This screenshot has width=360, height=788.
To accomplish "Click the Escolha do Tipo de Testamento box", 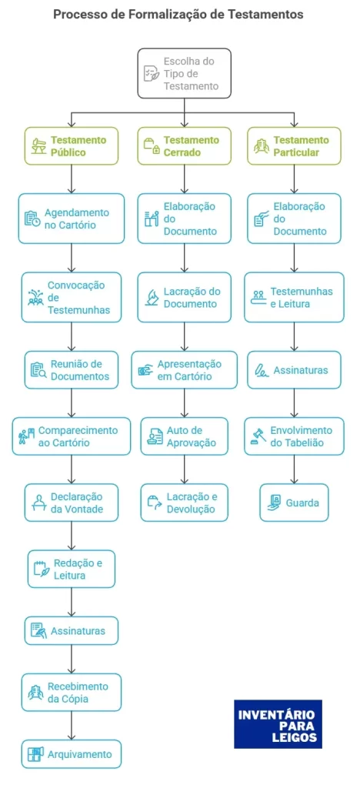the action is pyautogui.click(x=185, y=73).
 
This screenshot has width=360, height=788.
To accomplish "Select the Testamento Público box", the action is pyautogui.click(x=72, y=145).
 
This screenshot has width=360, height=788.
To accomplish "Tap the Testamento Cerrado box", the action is pyautogui.click(x=185, y=145).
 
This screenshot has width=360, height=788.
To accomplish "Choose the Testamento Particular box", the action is pyautogui.click(x=294, y=145).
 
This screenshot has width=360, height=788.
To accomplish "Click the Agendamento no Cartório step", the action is pyautogui.click(x=72, y=219).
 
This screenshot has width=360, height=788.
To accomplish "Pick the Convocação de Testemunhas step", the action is pyautogui.click(x=72, y=297).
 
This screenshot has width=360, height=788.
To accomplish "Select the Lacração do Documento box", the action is pyautogui.click(x=185, y=297).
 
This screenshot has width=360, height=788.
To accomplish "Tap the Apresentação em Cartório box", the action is pyautogui.click(x=185, y=370).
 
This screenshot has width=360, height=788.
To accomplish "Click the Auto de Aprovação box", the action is pyautogui.click(x=185, y=436).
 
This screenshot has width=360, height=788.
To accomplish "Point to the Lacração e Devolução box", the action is pyautogui.click(x=185, y=503).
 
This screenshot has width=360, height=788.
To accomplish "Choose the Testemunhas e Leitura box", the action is pyautogui.click(x=294, y=297).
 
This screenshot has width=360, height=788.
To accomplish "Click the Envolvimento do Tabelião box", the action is pyautogui.click(x=294, y=436).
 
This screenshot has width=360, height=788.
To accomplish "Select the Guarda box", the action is pyautogui.click(x=294, y=503).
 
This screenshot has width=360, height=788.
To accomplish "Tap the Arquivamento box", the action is pyautogui.click(x=72, y=754).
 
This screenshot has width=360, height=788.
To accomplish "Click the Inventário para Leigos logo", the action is pyautogui.click(x=278, y=724).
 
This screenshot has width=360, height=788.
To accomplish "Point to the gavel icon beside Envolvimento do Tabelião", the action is pyautogui.click(x=258, y=437).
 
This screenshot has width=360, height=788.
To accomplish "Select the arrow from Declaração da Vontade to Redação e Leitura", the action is pyautogui.click(x=72, y=536).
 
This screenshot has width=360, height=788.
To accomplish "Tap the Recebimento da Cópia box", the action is pyautogui.click(x=72, y=693).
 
